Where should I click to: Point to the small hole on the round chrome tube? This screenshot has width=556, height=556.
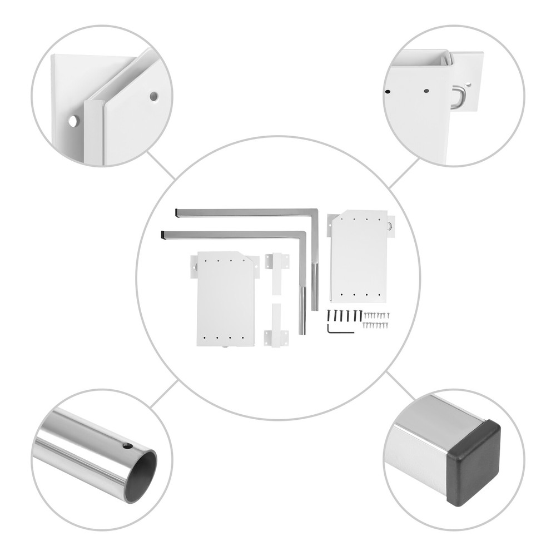point(127,446)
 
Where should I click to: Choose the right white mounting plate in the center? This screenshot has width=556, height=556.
point(359,256)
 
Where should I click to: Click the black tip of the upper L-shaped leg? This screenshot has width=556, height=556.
point(177,212)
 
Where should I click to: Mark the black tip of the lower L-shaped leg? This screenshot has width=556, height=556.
point(162,235)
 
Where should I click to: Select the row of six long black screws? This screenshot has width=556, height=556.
point(345,315)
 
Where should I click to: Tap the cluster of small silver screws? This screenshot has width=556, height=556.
point(376,320)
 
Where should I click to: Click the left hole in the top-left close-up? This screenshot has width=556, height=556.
point(73,121)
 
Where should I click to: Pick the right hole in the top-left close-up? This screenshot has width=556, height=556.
point(153,96)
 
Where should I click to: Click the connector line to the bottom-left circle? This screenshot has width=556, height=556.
point(163,394)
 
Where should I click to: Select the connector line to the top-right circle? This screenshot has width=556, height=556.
point(404,173)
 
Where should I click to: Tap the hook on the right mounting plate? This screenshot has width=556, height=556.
point(389,226)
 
